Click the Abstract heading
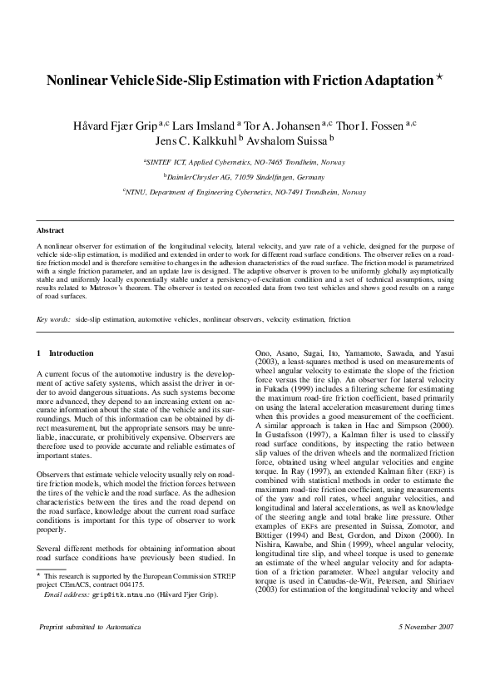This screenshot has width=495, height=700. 52,229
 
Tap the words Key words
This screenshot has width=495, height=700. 54,319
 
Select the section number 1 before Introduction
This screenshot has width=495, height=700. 39,353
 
